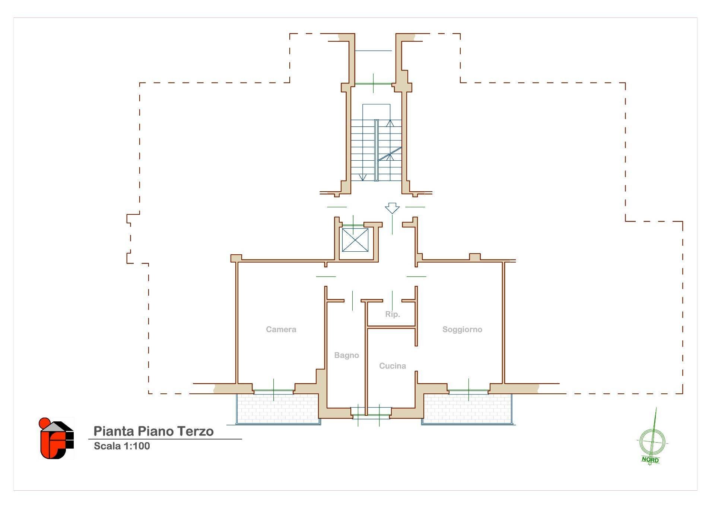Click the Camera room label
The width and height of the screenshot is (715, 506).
[281, 329]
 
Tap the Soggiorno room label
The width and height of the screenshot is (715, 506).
[462, 329]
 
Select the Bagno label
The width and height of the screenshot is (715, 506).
[346, 355]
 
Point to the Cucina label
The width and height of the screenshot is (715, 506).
[392, 366]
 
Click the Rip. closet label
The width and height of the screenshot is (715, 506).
[392, 314]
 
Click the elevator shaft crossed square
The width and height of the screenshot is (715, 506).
[355, 240]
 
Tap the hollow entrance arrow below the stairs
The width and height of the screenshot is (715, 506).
[392, 208]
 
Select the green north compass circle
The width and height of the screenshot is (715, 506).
[652, 442]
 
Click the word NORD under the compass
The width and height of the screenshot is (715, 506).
[650, 460]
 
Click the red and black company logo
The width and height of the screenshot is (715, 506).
[56, 438]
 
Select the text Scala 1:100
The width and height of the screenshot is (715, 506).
[122, 446]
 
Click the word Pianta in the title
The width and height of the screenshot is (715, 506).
[114, 431]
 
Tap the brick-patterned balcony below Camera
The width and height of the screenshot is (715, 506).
[277, 408]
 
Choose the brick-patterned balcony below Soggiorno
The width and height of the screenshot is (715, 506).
[467, 408]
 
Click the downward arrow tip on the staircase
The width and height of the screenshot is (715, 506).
[363, 179]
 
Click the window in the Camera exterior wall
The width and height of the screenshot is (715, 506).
[274, 390]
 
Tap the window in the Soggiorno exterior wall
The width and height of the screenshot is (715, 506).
[468, 390]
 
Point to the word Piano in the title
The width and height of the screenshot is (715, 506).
[155, 431]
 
